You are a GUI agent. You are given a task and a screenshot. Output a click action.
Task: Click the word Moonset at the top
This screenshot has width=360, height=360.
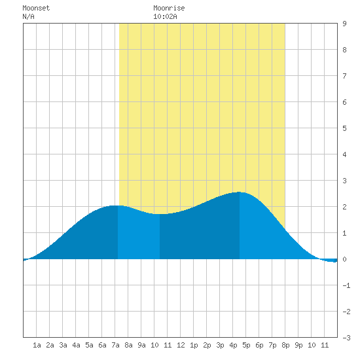pyautogui.click(x=36, y=9)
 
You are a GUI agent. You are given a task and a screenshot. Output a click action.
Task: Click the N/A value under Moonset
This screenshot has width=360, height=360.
pyautogui.click(x=28, y=17)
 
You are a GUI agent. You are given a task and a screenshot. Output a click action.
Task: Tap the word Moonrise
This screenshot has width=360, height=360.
pyautogui.click(x=169, y=9)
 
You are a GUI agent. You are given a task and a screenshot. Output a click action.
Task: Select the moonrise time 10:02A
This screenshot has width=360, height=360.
pyautogui.click(x=165, y=17)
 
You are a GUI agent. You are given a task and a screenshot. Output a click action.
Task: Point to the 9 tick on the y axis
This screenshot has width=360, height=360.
pyautogui.click(x=344, y=24)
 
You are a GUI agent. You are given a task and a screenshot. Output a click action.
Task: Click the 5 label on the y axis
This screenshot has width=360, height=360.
pyautogui.click(x=344, y=128)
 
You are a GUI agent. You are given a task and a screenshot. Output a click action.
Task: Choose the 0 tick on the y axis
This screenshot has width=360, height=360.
pyautogui.click(x=344, y=259)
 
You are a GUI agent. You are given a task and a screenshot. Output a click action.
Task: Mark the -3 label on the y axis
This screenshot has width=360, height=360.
pyautogui.click(x=347, y=338)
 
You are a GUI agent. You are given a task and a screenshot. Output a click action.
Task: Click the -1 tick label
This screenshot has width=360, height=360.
pyautogui.click(x=347, y=285)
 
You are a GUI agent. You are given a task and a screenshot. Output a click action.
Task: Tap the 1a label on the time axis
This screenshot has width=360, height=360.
pyautogui.click(x=37, y=346)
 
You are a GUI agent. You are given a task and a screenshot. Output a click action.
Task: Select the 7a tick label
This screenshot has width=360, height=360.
pyautogui.click(x=115, y=346)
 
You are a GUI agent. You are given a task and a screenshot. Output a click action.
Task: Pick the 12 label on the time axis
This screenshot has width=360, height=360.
pyautogui.click(x=181, y=346)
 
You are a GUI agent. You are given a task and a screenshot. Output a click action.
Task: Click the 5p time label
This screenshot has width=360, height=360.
pyautogui.click(x=246, y=346)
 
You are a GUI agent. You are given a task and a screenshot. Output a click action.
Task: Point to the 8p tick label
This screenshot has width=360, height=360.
pyautogui.click(x=285, y=346)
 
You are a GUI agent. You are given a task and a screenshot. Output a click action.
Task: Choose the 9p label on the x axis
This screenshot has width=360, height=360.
pyautogui.click(x=298, y=346)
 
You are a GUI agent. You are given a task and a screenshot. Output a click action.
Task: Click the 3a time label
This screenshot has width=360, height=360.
pyautogui.click(x=63, y=346)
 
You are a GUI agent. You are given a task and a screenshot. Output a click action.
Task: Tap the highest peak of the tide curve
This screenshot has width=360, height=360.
pyautogui.click(x=239, y=192)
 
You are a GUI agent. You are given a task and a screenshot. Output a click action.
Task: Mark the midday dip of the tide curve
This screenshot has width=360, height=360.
pyautogui.click(x=160, y=214)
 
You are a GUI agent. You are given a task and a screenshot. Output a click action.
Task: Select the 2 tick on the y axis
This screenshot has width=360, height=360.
pyautogui.click(x=344, y=207)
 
